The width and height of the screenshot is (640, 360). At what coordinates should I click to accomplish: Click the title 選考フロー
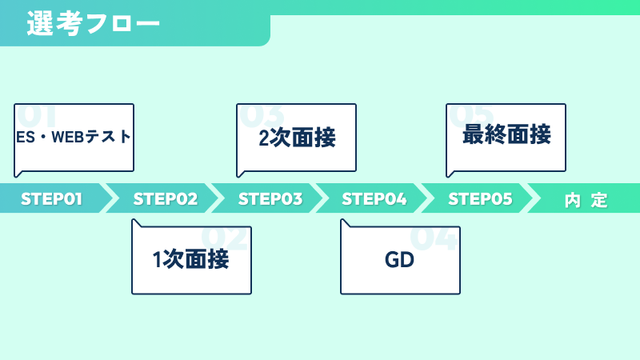click(x=94, y=23)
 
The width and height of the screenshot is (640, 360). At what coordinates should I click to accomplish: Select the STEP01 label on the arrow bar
click(x=51, y=199)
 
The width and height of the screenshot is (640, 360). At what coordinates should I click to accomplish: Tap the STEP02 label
click(x=166, y=199)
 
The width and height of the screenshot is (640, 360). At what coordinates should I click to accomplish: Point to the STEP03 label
click(x=270, y=199)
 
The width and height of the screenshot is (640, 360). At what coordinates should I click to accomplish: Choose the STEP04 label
click(x=374, y=199)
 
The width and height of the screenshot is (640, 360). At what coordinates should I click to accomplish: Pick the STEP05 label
click(x=480, y=199)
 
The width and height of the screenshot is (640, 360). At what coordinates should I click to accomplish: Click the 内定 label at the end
click(x=586, y=200)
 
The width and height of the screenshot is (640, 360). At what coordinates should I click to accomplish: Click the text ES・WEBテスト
click(x=74, y=137)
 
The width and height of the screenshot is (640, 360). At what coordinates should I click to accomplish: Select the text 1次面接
click(x=190, y=259)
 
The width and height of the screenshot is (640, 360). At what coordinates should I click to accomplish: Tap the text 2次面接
click(x=297, y=138)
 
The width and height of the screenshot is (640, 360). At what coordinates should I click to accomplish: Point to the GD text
click(x=399, y=260)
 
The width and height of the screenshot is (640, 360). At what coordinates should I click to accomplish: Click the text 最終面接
click(x=506, y=134)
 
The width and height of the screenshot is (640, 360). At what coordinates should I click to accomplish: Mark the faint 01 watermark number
click(x=37, y=115)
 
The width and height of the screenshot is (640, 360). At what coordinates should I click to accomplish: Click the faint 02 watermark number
click(x=225, y=238)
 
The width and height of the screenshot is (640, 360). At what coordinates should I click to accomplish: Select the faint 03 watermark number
click(x=262, y=115)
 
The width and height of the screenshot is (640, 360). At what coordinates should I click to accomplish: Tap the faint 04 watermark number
click(x=434, y=238)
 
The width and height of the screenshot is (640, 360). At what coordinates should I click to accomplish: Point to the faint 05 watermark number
click(x=471, y=115)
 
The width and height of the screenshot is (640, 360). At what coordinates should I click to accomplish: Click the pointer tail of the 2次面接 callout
click(x=241, y=174)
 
